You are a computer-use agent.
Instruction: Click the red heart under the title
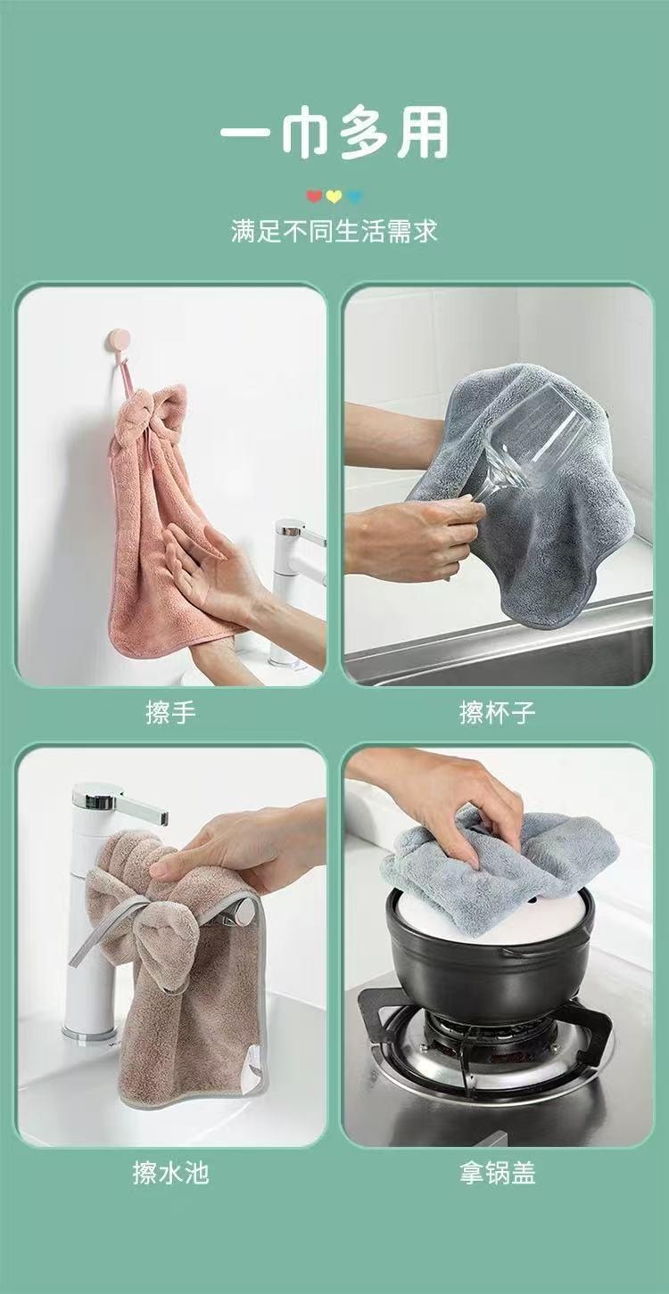pos(313,196)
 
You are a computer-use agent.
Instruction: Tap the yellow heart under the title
pos(334,196)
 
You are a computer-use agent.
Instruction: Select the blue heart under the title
pos(356,196)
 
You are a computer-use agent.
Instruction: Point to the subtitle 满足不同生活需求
pos(334,233)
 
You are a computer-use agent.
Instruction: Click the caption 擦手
pos(170,713)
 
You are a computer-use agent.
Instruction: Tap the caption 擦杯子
pos(498,713)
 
